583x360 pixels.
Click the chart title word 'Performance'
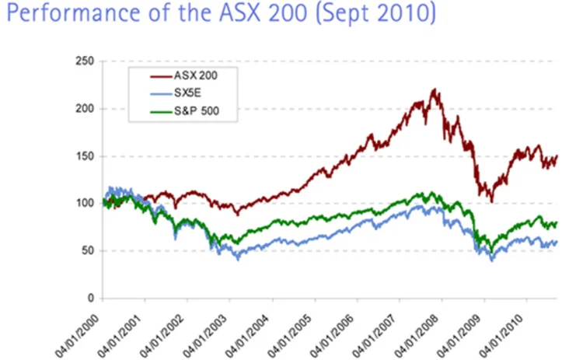[x=59, y=15]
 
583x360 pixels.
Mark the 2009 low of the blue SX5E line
[x=491, y=260]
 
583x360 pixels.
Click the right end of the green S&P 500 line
[x=557, y=223]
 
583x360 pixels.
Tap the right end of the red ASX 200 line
[x=557, y=156]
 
